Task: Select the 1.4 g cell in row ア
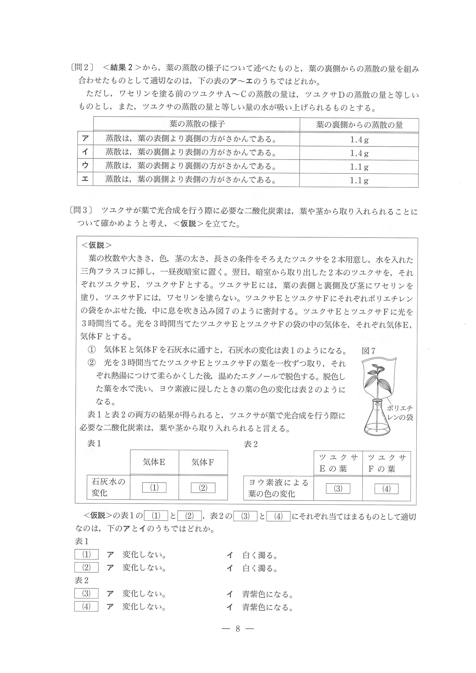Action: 359,139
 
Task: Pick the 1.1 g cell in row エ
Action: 359,181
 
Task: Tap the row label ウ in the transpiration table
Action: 85,166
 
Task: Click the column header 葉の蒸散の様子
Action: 197,124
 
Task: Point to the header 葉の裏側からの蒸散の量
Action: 359,125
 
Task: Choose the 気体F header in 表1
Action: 203,462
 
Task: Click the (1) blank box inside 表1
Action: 154,488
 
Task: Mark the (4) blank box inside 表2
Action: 386,489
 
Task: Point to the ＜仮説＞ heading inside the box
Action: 96,245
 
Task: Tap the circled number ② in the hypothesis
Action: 92,364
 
